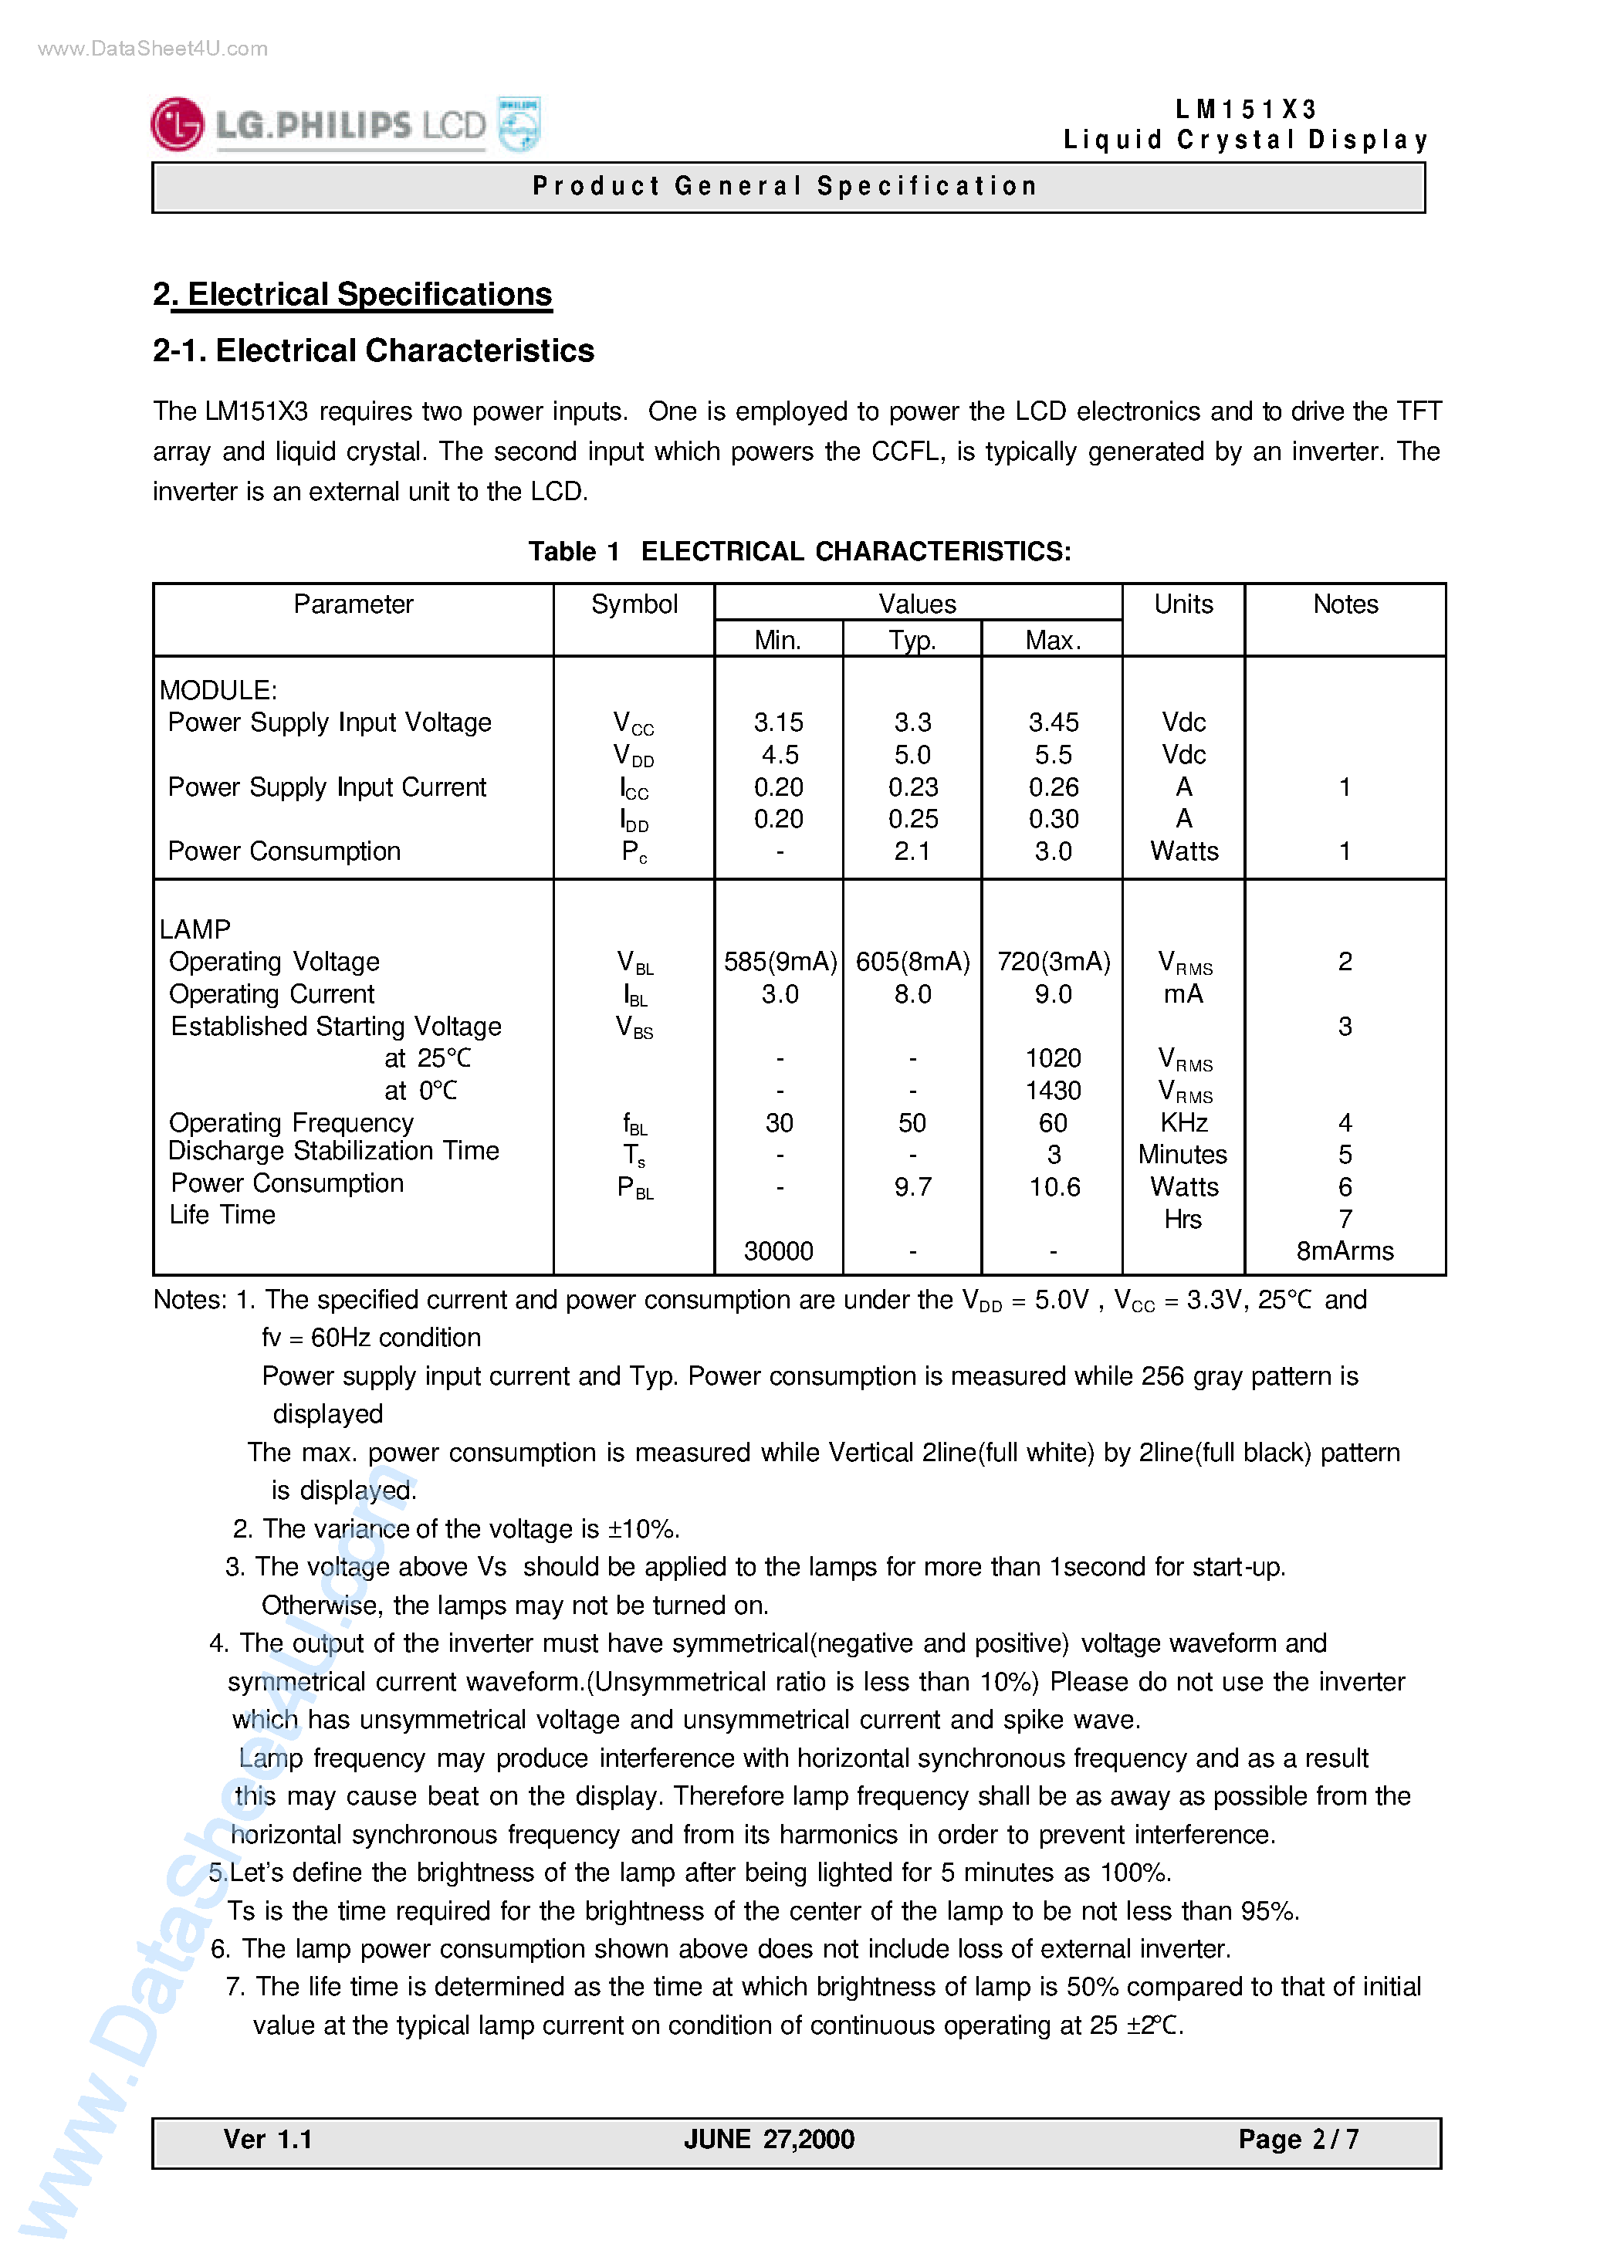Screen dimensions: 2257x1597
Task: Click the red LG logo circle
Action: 177,125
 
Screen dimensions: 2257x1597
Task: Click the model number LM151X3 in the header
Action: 1245,109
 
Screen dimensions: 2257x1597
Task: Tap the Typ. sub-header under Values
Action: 912,640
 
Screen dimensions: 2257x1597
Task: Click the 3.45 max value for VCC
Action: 1052,722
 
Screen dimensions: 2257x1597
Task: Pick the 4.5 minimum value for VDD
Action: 779,754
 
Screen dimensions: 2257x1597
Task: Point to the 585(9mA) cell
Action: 780,961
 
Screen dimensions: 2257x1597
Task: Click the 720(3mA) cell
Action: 1052,961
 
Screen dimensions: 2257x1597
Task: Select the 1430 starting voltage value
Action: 1052,1090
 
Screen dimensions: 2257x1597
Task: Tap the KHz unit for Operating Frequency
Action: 1183,1122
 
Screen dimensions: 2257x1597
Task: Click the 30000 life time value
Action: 778,1251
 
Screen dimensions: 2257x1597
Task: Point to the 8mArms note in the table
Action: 1345,1251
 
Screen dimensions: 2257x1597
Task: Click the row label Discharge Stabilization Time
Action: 333,1151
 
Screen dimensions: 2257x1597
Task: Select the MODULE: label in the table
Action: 218,689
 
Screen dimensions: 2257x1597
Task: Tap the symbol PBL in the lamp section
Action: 634,1188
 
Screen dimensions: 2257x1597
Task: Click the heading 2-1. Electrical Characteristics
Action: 373,350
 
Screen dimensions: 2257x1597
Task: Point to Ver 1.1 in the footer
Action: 268,2139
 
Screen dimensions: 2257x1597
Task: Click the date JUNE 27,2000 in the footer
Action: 769,2139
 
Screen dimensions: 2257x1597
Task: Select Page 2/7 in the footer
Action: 1298,2139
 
